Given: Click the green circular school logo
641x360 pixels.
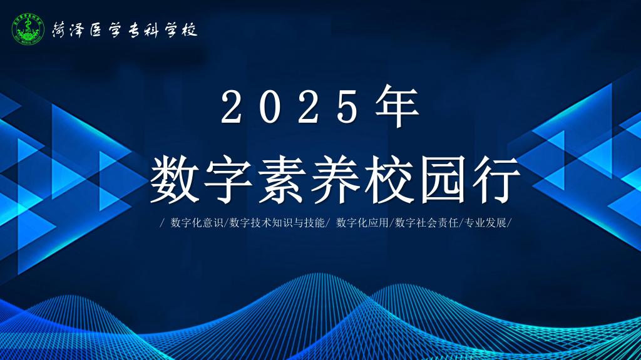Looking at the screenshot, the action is tap(28, 29).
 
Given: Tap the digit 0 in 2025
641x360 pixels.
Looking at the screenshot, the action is tap(270, 107).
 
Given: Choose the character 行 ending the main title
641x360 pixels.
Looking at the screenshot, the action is tap(496, 179).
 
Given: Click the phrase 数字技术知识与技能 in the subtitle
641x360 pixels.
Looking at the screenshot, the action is tap(277, 223).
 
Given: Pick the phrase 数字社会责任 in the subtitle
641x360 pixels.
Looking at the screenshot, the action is tap(426, 223).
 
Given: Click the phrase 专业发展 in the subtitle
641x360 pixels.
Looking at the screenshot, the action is tap(486, 223).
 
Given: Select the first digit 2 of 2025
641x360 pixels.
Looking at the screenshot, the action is tap(232, 107).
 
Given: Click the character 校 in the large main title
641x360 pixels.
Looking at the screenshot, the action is tap(389, 179).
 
